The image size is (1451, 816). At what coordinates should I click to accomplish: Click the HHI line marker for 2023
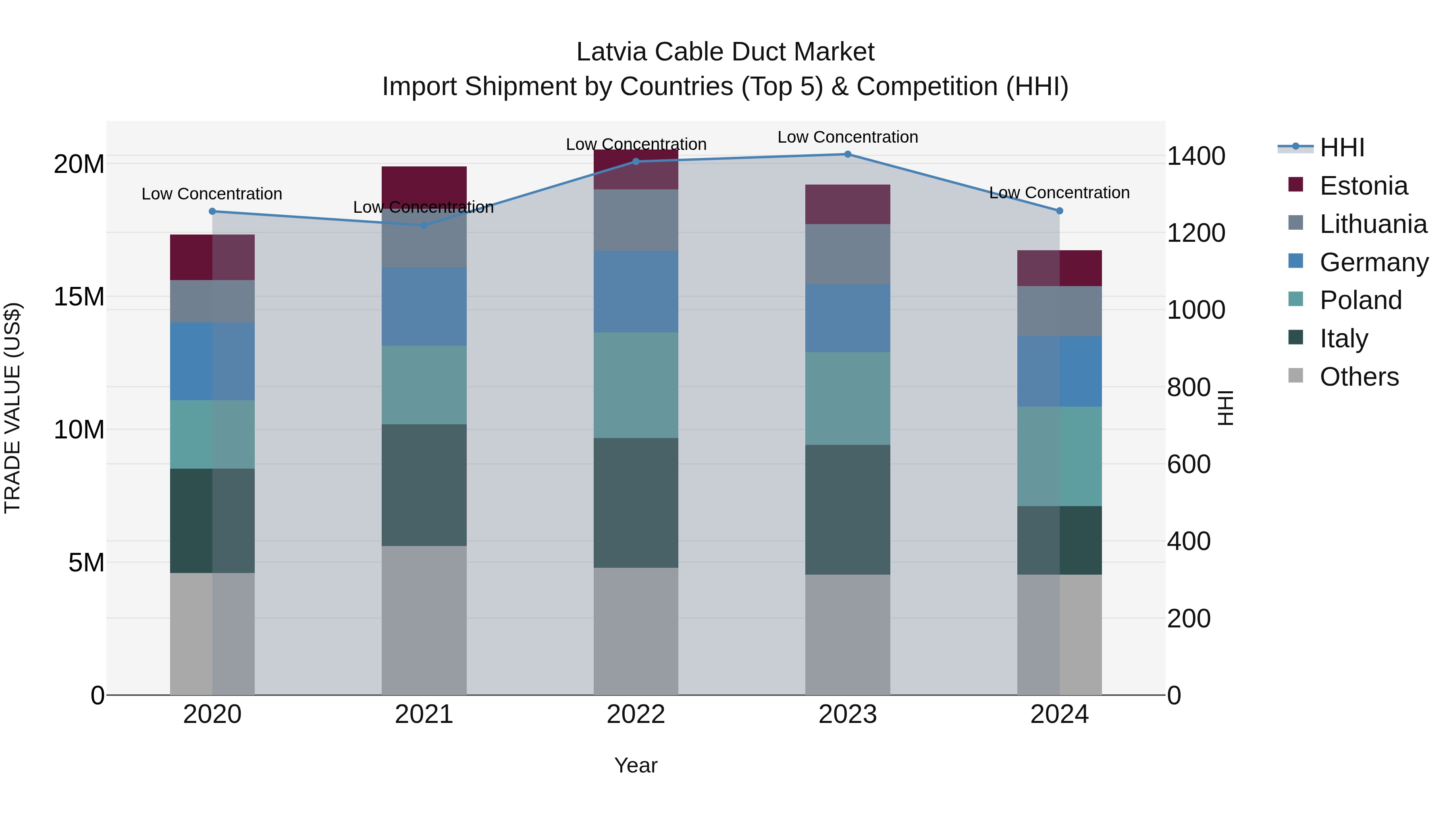[x=847, y=154]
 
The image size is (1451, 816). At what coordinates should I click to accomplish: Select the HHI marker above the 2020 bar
[x=212, y=211]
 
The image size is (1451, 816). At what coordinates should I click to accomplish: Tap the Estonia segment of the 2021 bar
[x=424, y=186]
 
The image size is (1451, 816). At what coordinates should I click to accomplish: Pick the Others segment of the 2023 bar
[x=847, y=634]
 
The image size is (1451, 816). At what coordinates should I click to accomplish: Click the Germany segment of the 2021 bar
[x=424, y=306]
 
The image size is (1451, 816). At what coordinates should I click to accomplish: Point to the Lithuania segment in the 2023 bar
[x=847, y=254]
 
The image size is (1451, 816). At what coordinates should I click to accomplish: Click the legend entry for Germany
[x=1373, y=262]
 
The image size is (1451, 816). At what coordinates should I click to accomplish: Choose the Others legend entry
[x=1359, y=377]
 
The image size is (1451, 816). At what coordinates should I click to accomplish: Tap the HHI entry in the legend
[x=1342, y=147]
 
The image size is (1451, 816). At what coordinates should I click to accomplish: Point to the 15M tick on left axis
[x=79, y=297]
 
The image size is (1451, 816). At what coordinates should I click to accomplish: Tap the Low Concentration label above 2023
[x=847, y=137]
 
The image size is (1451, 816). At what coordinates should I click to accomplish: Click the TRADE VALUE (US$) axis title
[x=12, y=408]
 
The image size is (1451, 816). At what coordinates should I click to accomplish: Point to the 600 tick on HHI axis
[x=1189, y=465]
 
